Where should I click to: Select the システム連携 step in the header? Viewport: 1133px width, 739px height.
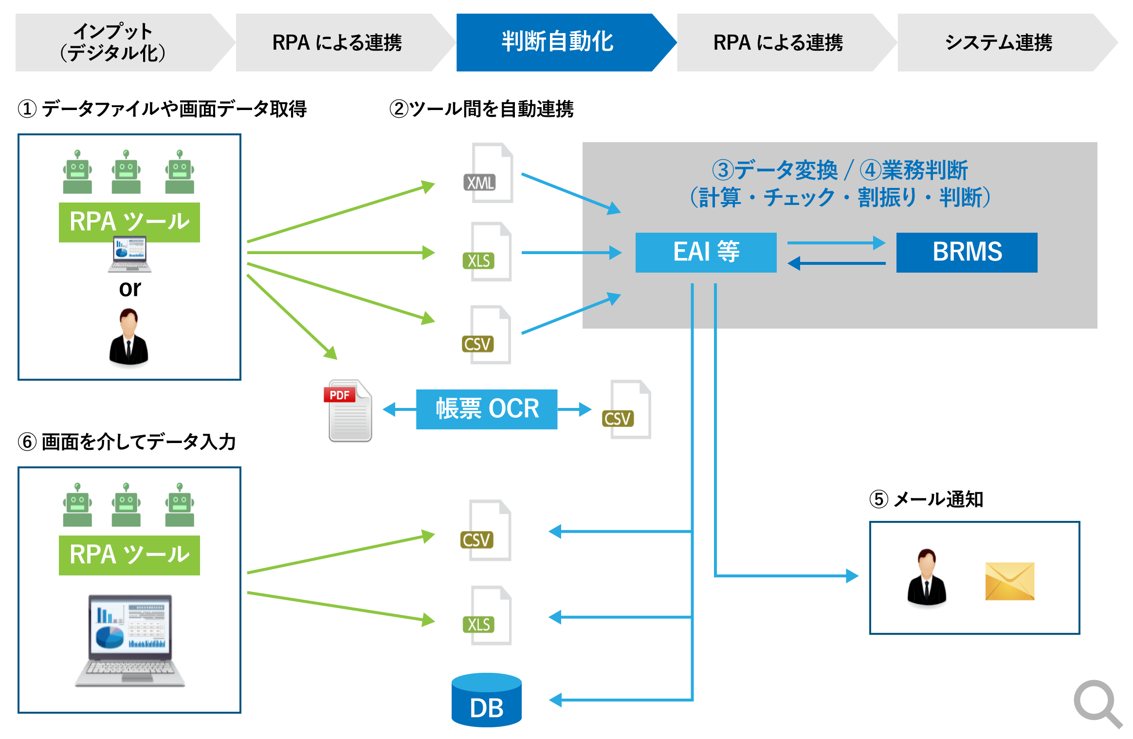(x=998, y=42)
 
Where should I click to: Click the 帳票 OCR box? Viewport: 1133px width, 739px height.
(x=487, y=409)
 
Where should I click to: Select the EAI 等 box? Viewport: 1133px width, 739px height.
(x=706, y=252)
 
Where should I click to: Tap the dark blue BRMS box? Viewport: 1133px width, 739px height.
(x=967, y=252)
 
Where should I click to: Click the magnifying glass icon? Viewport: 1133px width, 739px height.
(x=1097, y=703)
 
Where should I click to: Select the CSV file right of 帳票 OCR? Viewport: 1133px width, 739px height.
(x=628, y=410)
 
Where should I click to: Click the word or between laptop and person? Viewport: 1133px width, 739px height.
(x=129, y=289)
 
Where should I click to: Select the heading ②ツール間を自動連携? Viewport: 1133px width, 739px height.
(x=481, y=109)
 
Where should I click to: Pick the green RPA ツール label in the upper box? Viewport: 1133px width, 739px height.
(x=129, y=222)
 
